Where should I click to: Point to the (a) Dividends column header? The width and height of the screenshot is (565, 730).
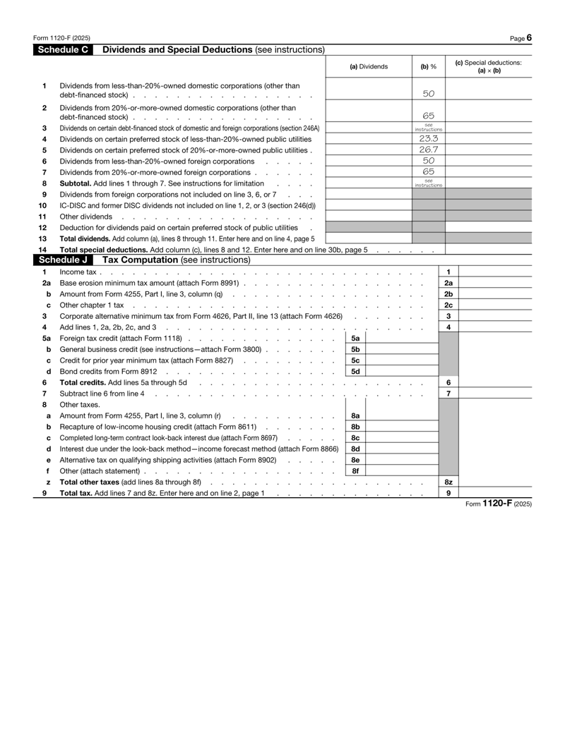point(369,67)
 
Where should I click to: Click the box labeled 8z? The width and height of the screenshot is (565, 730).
point(449,481)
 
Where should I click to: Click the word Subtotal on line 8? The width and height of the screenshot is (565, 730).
point(77,182)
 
